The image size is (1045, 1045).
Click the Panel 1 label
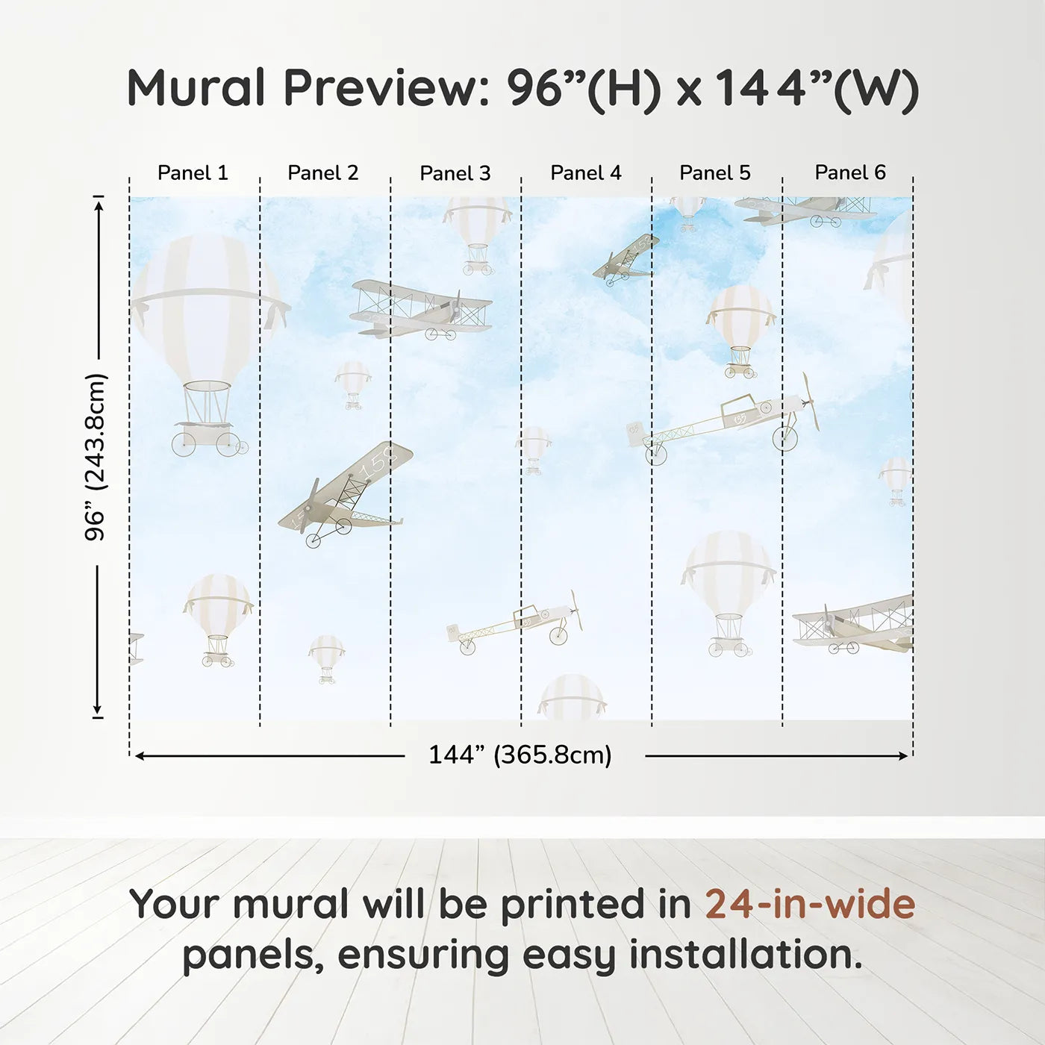[193, 173]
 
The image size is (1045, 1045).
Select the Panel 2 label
[322, 173]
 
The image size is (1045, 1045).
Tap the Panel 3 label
[455, 173]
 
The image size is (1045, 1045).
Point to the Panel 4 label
[585, 173]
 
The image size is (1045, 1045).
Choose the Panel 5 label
[714, 173]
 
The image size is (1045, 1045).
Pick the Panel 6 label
[849, 173]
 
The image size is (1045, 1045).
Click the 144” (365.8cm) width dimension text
[520, 755]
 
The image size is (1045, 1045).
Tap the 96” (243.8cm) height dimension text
[96, 457]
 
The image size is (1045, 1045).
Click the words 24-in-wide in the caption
[810, 904]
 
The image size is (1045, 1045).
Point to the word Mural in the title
[196, 88]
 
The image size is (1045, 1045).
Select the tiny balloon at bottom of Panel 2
[326, 657]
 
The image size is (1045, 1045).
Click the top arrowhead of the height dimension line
[99, 202]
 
